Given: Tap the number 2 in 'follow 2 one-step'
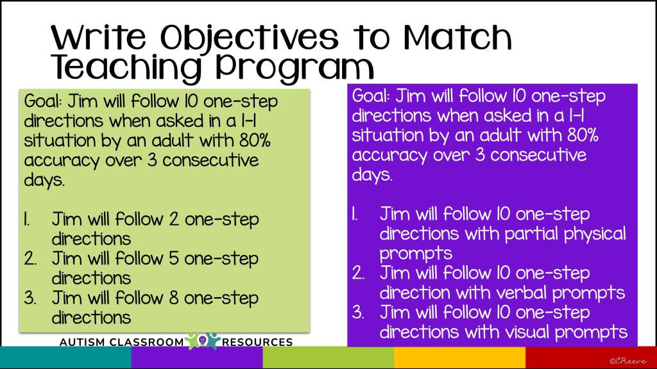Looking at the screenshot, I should point(175,220).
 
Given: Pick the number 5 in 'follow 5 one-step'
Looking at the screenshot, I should point(175,259).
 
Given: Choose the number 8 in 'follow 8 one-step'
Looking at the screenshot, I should point(175,298).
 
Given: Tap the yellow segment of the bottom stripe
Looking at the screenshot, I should point(459,357).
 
